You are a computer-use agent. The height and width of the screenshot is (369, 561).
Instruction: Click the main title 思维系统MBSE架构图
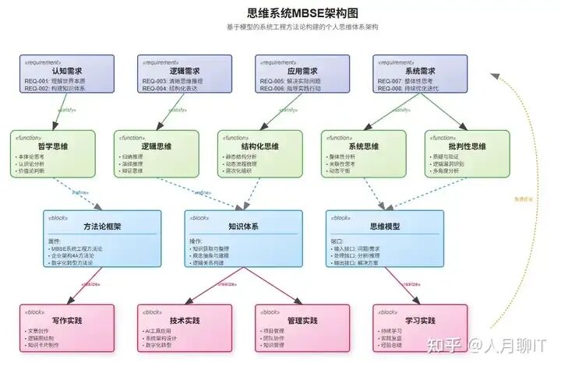pyautogui.click(x=280, y=13)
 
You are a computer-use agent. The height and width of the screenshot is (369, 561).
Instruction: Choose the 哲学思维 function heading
pyautogui.click(x=52, y=146)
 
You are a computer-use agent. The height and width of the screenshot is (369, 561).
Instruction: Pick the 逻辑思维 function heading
pyautogui.click(x=156, y=146)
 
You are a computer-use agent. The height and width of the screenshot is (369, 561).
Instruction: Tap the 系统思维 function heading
pyautogui.click(x=364, y=146)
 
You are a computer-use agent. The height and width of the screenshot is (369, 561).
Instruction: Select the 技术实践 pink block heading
pyautogui.click(x=184, y=320)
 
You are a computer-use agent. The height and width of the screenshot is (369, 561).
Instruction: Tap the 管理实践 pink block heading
pyautogui.click(x=301, y=320)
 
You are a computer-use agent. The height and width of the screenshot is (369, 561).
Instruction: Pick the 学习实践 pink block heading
pyautogui.click(x=420, y=320)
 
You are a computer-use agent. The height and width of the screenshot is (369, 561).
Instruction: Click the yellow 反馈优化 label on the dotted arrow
pyautogui.click(x=524, y=199)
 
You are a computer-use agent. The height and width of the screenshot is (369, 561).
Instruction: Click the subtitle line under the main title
pyautogui.click(x=280, y=27)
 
